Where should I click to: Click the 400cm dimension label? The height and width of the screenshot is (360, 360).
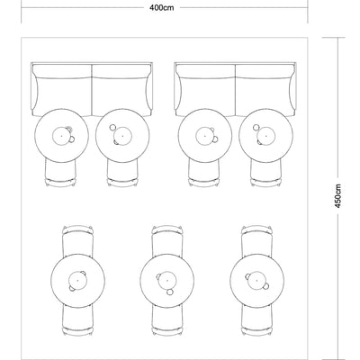coord(162,8)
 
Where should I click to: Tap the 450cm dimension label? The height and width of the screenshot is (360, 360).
coord(337,196)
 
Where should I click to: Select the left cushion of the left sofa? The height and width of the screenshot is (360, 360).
coord(62,90)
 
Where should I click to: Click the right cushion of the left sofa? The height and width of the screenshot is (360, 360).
coord(121,90)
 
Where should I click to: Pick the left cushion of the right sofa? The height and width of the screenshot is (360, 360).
coord(205,90)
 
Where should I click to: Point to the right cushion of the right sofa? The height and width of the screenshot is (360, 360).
coord(265,90)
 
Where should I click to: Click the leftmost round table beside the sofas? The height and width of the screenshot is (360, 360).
coord(62,135)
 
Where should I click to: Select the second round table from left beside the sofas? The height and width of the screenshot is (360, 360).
coord(122,135)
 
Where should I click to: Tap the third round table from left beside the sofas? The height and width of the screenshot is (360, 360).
coord(205,135)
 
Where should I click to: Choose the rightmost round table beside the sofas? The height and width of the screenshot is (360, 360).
coord(266,135)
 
